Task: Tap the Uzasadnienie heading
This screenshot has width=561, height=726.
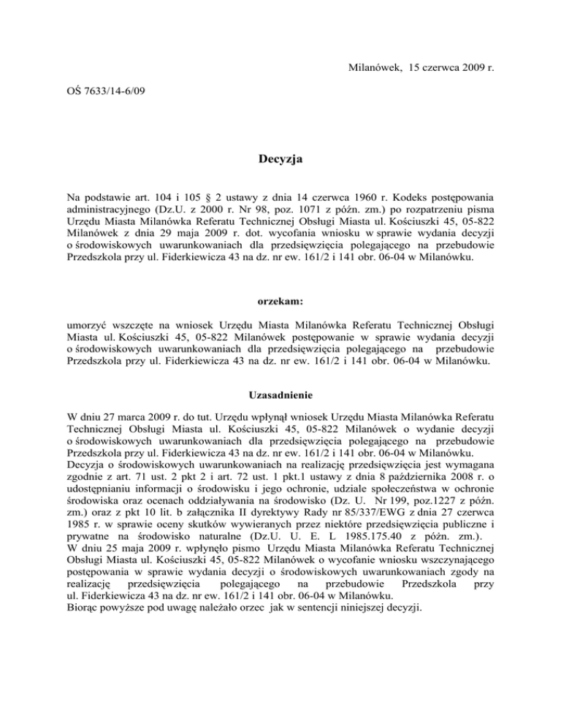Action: point(280,395)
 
